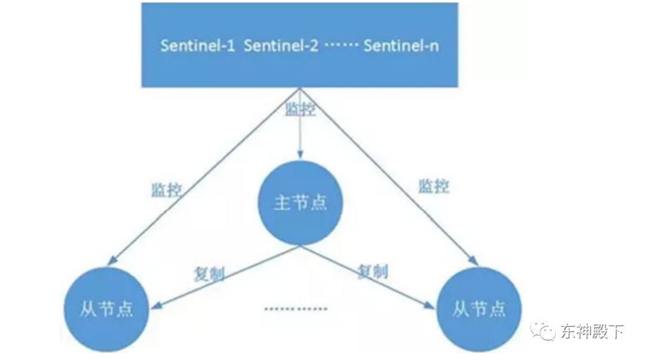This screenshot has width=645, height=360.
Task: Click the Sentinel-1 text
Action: (x=197, y=46)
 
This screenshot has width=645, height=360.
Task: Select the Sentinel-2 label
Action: (x=281, y=46)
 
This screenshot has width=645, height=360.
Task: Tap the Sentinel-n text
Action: (x=401, y=46)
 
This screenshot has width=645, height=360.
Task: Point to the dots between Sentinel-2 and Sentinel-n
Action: (x=340, y=47)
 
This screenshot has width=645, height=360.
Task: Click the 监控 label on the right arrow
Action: (x=434, y=186)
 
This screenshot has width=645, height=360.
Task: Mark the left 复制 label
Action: (x=208, y=273)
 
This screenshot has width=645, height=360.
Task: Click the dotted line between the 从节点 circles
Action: (x=296, y=309)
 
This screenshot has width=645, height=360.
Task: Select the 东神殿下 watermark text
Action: (x=591, y=331)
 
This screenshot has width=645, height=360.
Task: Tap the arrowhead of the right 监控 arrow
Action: (x=474, y=260)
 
